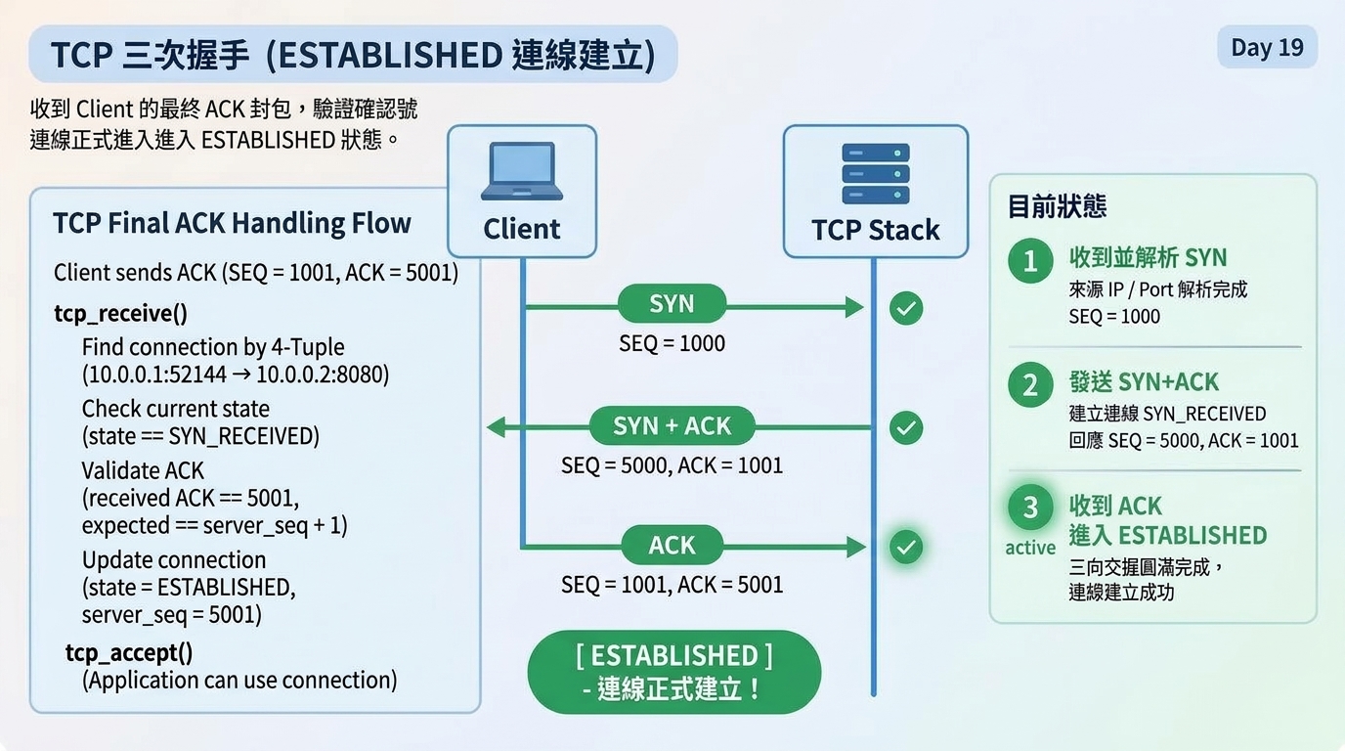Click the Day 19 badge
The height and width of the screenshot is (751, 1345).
[x=1268, y=47]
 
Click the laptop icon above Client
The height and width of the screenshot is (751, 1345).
[x=522, y=171]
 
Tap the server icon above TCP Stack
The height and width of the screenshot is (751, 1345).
[x=876, y=174]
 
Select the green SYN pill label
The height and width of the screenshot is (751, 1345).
[x=672, y=304]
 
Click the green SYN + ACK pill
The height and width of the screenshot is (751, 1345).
[x=672, y=426]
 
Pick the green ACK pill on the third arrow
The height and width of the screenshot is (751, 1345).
[x=672, y=545]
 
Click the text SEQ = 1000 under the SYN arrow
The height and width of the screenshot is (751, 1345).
[x=672, y=343]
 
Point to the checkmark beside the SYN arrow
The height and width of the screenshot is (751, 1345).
[x=906, y=308]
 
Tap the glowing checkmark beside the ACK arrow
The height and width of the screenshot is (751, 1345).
[x=906, y=547]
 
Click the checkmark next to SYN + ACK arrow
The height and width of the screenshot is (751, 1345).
[x=906, y=427]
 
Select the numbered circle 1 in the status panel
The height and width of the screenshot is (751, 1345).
[x=1030, y=261]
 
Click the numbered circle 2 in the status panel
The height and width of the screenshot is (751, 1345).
[x=1030, y=384]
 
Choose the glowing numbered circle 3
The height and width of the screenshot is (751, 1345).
[x=1030, y=508]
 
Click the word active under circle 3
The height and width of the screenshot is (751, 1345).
[x=1030, y=548]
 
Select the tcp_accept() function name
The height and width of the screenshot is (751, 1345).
[x=129, y=653]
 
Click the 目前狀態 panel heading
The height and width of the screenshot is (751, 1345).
[x=1057, y=206]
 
